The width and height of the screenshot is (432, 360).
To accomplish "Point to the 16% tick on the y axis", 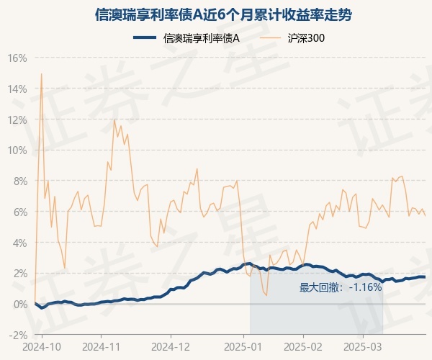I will pyautogui.click(x=17, y=58).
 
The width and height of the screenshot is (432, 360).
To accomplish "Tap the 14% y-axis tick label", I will pyautogui.click(x=17, y=89).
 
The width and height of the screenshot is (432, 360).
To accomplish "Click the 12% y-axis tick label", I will pyautogui.click(x=17, y=120).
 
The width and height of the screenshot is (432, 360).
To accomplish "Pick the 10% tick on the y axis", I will pyautogui.click(x=17, y=150).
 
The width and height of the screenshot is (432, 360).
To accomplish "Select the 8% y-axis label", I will pyautogui.click(x=19, y=181).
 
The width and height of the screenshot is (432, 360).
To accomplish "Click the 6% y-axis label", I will pyautogui.click(x=19, y=212).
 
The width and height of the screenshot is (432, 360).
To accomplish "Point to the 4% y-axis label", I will pyautogui.click(x=19, y=243).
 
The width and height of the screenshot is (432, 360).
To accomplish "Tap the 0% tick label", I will pyautogui.click(x=19, y=304).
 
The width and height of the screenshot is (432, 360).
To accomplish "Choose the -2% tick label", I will pyautogui.click(x=17, y=335).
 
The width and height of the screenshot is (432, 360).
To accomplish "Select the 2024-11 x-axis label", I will pyautogui.click(x=101, y=346).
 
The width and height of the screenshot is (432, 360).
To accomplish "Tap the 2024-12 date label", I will pyautogui.click(x=171, y=346).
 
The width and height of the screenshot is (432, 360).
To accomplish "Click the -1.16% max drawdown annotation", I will pyautogui.click(x=340, y=287).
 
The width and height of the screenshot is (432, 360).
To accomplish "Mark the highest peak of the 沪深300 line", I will pyautogui.click(x=41, y=73).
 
